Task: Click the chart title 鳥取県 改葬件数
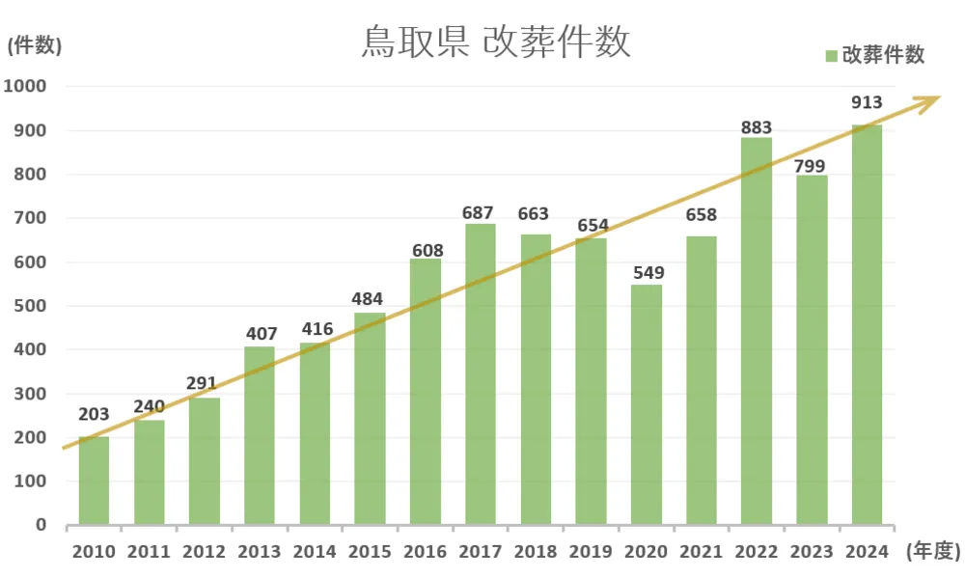pos(496,43)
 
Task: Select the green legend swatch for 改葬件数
pos(831,56)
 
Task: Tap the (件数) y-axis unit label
pos(35,44)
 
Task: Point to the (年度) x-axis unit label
pos(933,551)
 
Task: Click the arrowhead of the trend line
pos(931,99)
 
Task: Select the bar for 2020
pos(648,405)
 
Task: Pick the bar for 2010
pos(94,481)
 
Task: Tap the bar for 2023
pos(813,350)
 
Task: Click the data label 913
pos(867,103)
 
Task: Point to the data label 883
pos(757,127)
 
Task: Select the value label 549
pos(648,273)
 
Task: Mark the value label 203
pos(94,415)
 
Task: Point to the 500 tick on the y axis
pos(30,307)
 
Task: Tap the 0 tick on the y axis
pos(41,526)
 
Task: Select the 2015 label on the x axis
pos(370,552)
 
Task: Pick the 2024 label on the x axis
pos(867,552)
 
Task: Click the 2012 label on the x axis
pos(204,552)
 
